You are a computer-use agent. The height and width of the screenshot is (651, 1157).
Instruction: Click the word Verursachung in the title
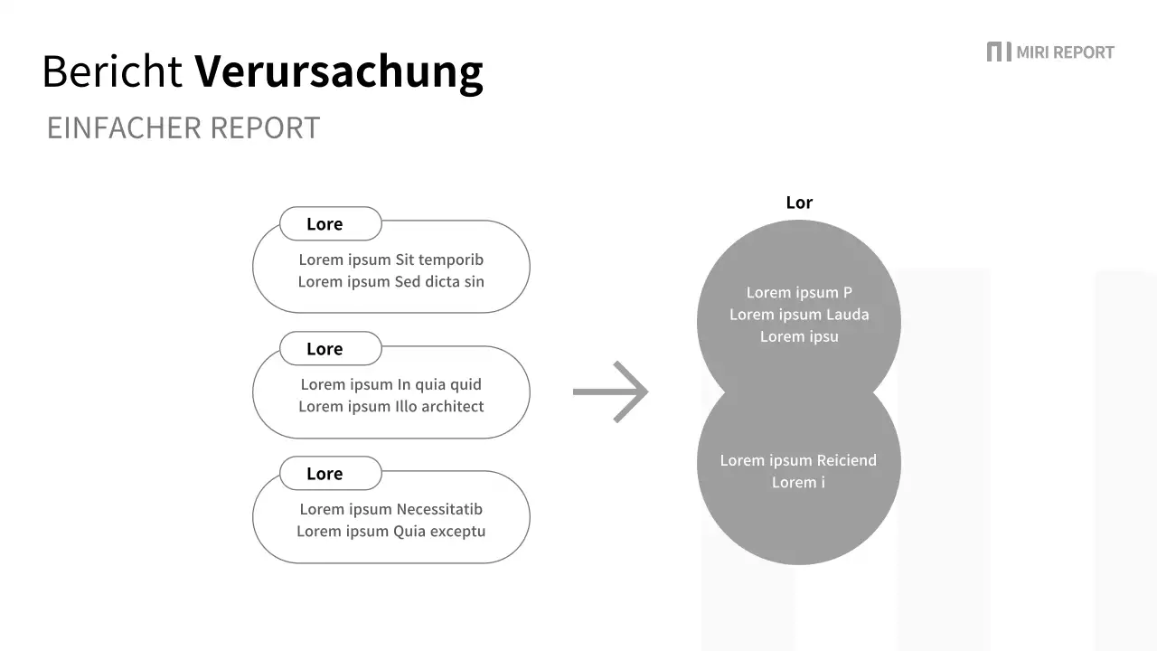[339, 71]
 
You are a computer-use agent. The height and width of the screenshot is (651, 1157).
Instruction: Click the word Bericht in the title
[112, 71]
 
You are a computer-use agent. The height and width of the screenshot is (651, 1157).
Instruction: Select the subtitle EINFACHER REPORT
[183, 128]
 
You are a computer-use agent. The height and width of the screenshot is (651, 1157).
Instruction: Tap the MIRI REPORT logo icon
[998, 52]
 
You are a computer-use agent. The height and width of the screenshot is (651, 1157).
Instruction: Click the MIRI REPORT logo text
[1065, 52]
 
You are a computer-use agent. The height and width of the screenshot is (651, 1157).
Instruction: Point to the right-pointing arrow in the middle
[611, 392]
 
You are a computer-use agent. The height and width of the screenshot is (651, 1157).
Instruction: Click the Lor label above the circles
[799, 203]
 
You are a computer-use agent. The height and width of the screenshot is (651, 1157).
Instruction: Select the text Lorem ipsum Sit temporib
[391, 259]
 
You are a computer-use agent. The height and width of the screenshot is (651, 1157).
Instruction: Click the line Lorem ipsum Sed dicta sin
[391, 281]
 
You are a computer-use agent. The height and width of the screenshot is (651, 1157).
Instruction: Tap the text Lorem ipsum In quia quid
[391, 384]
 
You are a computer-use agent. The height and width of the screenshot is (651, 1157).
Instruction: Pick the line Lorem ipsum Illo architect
[391, 406]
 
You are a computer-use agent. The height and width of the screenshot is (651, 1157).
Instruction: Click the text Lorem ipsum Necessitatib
[391, 509]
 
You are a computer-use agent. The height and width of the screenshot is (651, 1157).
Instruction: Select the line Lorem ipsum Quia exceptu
[391, 531]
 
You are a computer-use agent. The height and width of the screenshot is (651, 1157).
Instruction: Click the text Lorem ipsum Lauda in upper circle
[799, 315]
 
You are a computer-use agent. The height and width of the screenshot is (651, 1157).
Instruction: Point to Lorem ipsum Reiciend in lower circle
[798, 460]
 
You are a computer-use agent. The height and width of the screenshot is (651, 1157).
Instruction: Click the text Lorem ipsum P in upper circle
[799, 292]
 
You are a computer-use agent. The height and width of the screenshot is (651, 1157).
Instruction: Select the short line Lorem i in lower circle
[798, 482]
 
